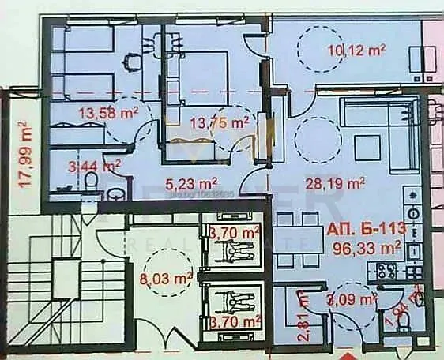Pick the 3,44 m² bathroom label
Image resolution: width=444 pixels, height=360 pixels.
click(x=94, y=166)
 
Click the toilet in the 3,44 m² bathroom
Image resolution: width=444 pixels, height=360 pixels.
click(x=92, y=183)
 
